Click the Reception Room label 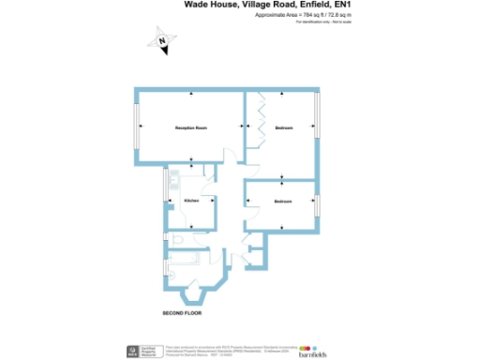pyautogui.click(x=190, y=127)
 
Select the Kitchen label pyautogui.click(x=190, y=202)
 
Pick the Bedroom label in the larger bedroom pyautogui.click(x=285, y=127)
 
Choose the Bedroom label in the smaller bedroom pyautogui.click(x=283, y=202)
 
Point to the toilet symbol pyautogui.click(x=179, y=245)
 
